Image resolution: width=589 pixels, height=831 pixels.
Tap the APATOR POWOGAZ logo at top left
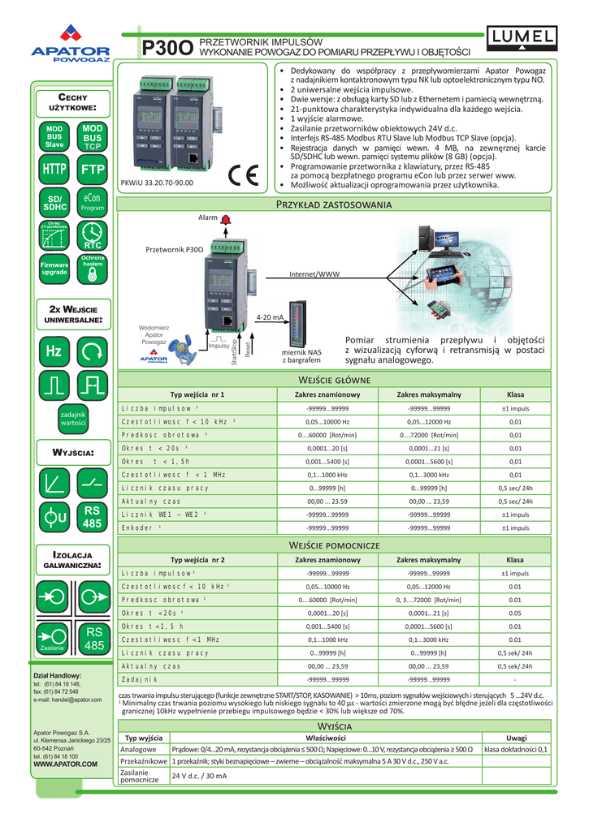click(70, 45)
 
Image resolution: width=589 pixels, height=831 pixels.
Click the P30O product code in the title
click(167, 49)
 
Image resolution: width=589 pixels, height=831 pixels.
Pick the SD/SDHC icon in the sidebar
click(54, 203)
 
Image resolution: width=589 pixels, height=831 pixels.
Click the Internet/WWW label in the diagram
click(314, 274)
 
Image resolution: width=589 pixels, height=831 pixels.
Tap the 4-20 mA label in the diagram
click(270, 317)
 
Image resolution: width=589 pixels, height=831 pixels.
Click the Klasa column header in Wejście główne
click(515, 394)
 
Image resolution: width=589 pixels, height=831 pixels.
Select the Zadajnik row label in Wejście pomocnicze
click(139, 678)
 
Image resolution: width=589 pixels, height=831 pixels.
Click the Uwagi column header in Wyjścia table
click(516, 737)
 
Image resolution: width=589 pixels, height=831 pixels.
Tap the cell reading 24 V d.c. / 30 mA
click(199, 777)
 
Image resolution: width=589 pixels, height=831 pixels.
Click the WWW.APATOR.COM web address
click(65, 764)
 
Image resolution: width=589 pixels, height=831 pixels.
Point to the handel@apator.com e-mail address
click(67, 699)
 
